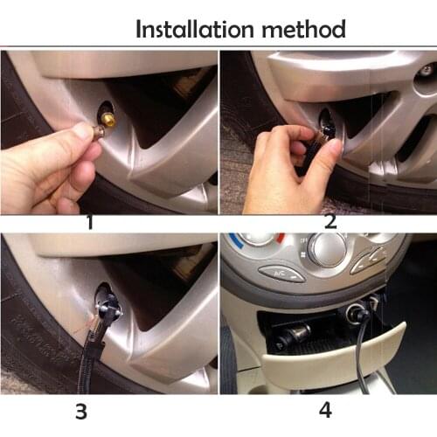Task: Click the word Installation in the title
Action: coord(195,29)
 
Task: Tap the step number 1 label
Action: coord(90,222)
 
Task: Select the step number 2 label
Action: coord(330,222)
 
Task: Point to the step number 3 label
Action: coord(81,412)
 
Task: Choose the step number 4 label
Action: coord(325,411)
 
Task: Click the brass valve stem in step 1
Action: coord(108,119)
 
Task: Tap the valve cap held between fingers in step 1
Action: coord(98,133)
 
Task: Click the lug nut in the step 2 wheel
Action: coord(427,70)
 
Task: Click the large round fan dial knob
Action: coord(329,250)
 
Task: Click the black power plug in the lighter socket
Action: coord(363,316)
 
